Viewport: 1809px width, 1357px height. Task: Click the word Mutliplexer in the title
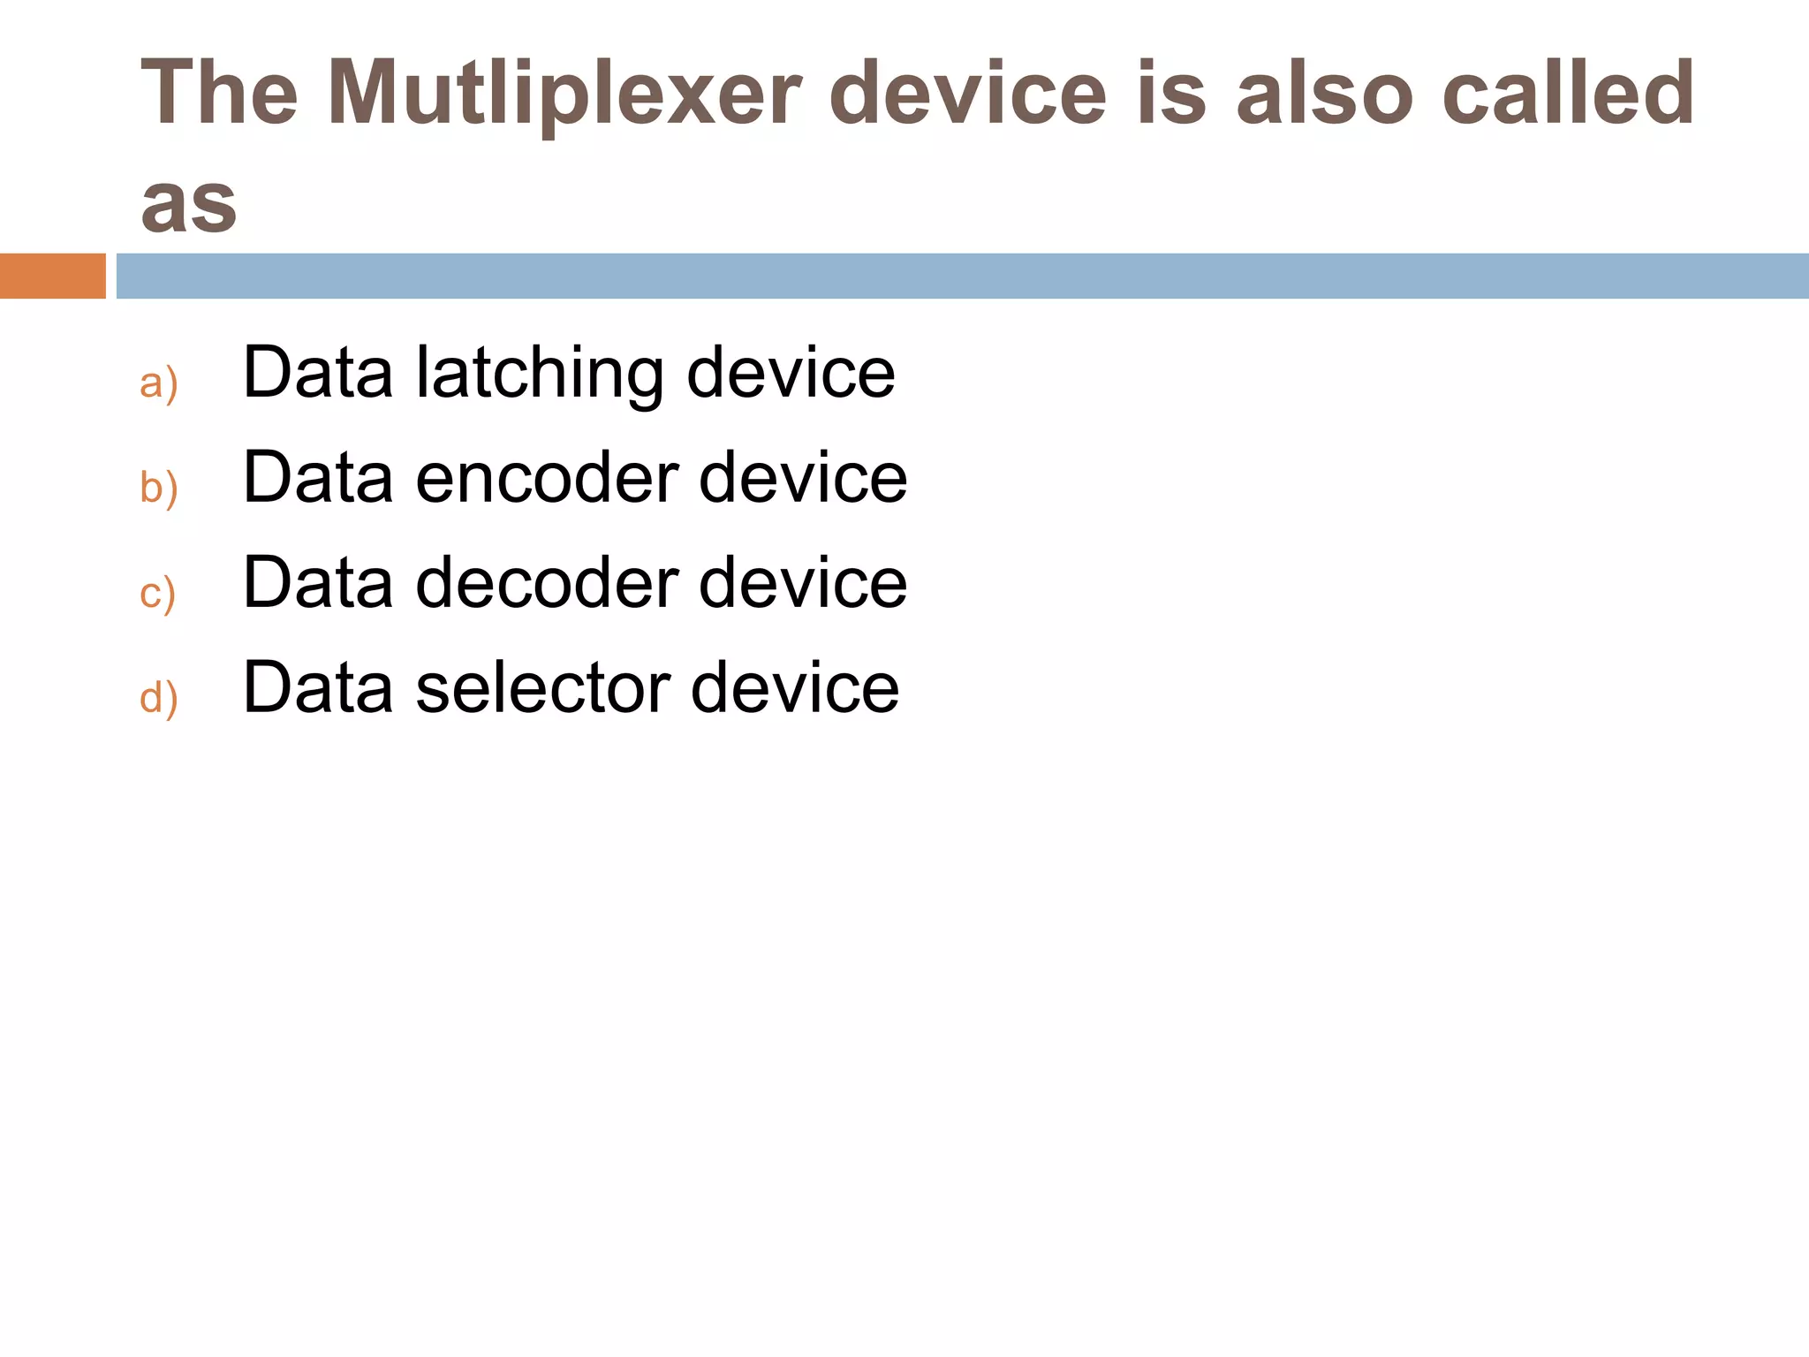pos(564,94)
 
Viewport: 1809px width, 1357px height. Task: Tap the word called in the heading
pos(1568,92)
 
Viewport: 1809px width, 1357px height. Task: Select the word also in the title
pos(1325,92)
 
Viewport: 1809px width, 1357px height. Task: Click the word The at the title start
pos(219,92)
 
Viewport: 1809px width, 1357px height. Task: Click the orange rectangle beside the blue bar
pos(52,276)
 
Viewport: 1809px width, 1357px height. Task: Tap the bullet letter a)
pos(159,383)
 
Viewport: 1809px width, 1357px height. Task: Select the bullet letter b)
pos(159,488)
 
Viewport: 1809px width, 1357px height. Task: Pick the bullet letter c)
pos(158,593)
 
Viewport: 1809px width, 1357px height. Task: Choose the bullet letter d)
pos(159,698)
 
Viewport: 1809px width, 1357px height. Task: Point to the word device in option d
pos(794,688)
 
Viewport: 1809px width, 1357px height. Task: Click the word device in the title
pos(967,92)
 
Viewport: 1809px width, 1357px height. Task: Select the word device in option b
pos(802,478)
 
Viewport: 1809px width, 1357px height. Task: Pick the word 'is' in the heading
pos(1171,92)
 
